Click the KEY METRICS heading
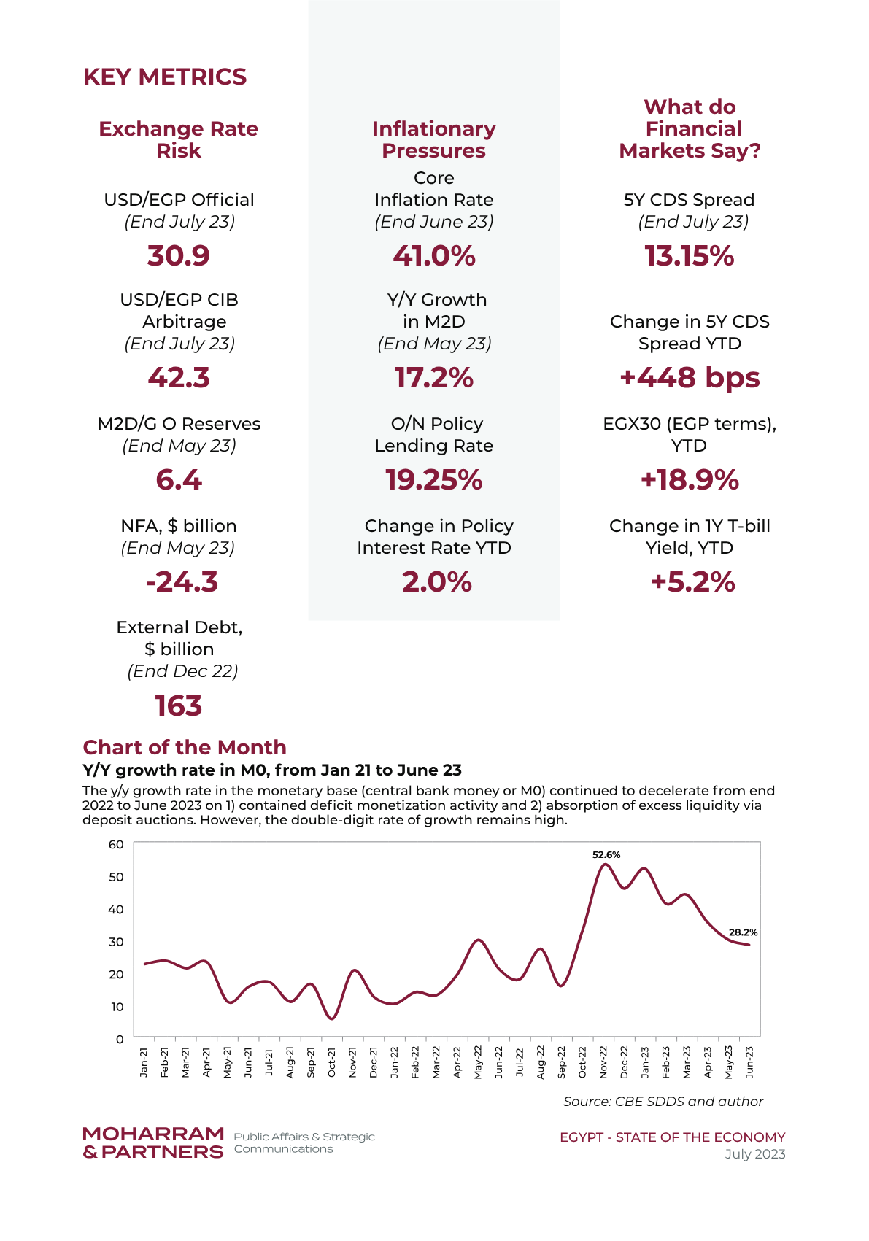[x=165, y=77]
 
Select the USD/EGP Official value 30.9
[x=179, y=255]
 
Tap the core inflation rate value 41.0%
[x=434, y=255]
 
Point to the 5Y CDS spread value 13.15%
[x=689, y=255]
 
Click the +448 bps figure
[x=690, y=378]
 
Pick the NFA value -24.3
[x=181, y=581]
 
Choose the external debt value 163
[x=179, y=705]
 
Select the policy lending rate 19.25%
[x=434, y=479]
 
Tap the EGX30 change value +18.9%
[x=690, y=479]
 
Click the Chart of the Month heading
[x=185, y=747]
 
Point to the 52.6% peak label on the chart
[x=606, y=854]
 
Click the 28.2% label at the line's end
[x=744, y=932]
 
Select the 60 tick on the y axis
[x=116, y=844]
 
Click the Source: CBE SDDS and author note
[x=663, y=1102]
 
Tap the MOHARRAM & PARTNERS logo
[x=153, y=1143]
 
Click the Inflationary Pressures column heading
[x=434, y=139]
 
